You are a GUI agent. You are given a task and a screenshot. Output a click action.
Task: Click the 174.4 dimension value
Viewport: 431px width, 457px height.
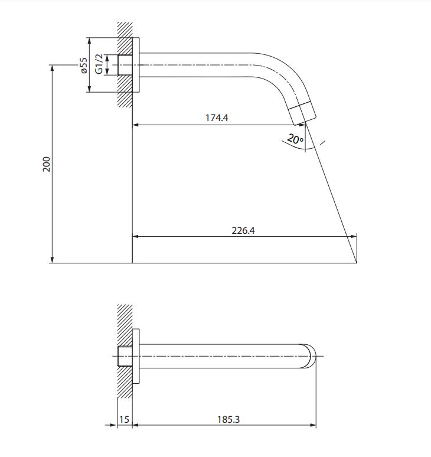(217, 117)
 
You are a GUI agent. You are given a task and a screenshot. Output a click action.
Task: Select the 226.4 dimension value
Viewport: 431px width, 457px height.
(243, 230)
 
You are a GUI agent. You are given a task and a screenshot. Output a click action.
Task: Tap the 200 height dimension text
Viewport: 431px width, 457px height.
(47, 164)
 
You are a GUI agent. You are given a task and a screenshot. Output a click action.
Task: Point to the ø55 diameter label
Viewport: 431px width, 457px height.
(84, 66)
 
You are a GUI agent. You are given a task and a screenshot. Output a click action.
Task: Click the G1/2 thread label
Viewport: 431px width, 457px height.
(99, 64)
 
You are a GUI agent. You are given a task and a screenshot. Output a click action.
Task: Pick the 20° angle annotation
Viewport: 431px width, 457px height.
(295, 139)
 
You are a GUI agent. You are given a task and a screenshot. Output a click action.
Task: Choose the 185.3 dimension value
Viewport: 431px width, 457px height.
(228, 419)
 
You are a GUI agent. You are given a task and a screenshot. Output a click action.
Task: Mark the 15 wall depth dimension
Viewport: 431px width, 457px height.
(124, 419)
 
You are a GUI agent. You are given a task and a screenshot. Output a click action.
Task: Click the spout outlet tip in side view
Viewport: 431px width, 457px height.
(303, 113)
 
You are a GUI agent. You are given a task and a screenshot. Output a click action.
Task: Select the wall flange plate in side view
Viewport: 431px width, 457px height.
(136, 65)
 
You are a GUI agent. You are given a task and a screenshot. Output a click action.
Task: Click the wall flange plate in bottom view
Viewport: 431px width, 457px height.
(136, 356)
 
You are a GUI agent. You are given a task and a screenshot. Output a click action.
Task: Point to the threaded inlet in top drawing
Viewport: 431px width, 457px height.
(125, 65)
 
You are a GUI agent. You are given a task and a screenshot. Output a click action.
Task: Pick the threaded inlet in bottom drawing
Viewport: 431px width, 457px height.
(125, 356)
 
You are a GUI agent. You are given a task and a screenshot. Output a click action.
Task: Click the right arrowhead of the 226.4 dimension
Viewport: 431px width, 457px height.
(354, 236)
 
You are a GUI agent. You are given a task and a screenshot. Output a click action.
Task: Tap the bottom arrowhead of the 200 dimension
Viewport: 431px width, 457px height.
(53, 260)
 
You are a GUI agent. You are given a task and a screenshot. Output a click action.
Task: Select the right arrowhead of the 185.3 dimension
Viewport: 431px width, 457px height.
(314, 425)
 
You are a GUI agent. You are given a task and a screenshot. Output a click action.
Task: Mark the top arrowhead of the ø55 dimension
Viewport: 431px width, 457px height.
(90, 41)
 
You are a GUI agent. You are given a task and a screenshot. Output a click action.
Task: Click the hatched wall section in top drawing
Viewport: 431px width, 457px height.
(125, 65)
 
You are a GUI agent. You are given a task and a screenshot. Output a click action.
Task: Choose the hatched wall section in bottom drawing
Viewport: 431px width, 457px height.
(125, 351)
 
